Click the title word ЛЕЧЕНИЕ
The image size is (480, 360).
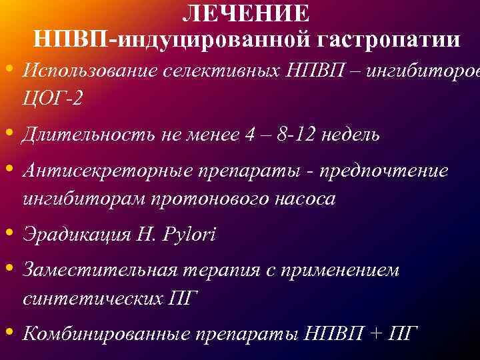pyautogui.click(x=246, y=13)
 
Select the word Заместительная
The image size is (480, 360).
pyautogui.click(x=99, y=271)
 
